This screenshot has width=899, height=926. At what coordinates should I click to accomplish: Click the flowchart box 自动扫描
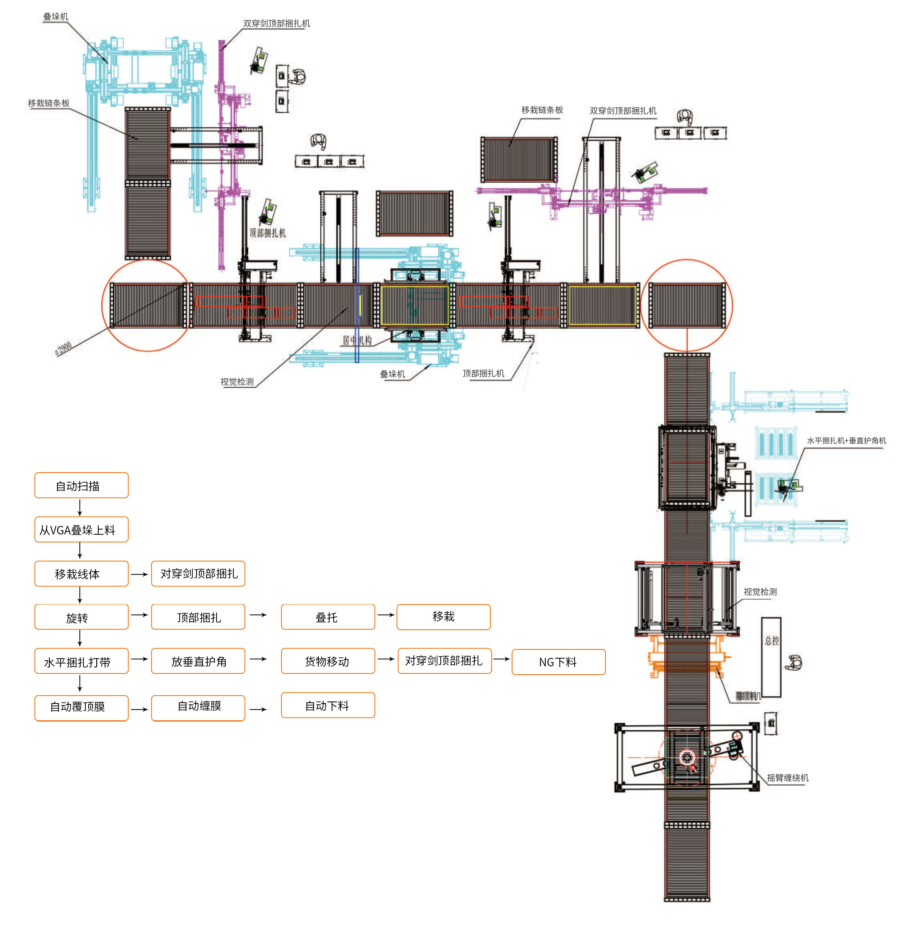[x=81, y=485]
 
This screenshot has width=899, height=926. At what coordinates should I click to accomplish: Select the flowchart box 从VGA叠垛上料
[x=81, y=530]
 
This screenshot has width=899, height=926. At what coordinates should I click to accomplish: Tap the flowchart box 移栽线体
[x=81, y=574]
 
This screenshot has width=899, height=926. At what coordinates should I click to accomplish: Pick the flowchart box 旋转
[x=81, y=617]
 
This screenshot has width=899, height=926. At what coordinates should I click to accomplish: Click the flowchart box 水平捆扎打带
[x=81, y=661]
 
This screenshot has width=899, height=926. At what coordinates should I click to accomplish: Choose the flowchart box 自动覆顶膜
[x=81, y=707]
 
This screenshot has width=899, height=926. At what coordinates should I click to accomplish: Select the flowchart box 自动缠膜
[x=198, y=707]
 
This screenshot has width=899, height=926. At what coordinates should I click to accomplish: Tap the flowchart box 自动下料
[x=328, y=706]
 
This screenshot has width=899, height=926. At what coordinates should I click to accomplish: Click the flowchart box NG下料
[x=558, y=662]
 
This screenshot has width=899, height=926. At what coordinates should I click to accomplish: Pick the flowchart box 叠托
[x=328, y=617]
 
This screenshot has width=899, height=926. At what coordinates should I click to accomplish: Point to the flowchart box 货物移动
[x=328, y=661]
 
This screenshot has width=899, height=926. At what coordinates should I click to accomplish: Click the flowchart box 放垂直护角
[x=198, y=661]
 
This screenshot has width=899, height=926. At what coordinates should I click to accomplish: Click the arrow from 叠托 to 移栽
[x=386, y=615]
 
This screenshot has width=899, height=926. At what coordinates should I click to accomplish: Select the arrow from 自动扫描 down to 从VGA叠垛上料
[x=80, y=507]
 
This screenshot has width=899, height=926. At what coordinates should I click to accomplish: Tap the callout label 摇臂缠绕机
[x=788, y=778]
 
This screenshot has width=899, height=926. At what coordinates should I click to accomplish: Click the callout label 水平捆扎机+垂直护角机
[x=846, y=440]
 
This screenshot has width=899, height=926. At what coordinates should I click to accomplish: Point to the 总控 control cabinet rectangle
[x=771, y=657]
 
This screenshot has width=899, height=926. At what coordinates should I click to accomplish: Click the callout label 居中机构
[x=357, y=340]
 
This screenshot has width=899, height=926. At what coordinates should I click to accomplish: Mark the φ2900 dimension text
[x=64, y=348]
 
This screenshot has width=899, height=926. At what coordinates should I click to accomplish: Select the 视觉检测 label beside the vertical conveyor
[x=760, y=592]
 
